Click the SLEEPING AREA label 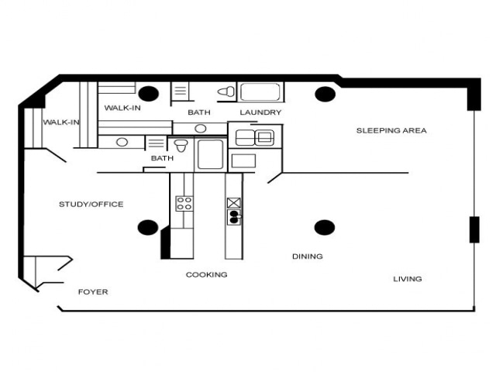(x=391, y=130)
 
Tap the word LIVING (x=407, y=279)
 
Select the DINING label (x=307, y=257)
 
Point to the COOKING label (x=206, y=274)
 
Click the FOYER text (x=93, y=292)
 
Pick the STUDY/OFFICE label (x=91, y=205)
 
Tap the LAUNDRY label (x=260, y=112)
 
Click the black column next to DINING (x=324, y=227)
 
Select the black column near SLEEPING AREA (x=324, y=94)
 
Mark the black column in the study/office (x=147, y=227)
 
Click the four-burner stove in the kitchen (x=184, y=204)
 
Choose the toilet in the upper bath (x=226, y=92)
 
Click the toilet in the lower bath (x=181, y=145)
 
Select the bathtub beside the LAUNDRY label (x=261, y=92)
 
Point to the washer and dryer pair (x=254, y=138)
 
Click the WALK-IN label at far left (x=60, y=122)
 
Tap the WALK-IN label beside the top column (x=122, y=108)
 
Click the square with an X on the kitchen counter (x=234, y=203)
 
